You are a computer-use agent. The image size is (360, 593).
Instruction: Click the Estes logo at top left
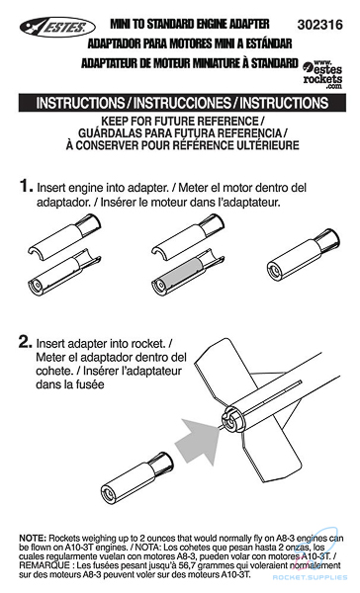click(57, 27)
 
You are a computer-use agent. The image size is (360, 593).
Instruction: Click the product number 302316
click(319, 25)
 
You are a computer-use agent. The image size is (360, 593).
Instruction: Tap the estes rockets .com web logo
click(322, 74)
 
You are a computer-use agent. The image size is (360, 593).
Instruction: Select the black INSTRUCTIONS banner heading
click(182, 103)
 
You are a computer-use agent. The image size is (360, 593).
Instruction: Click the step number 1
click(26, 186)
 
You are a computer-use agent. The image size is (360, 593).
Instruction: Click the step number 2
click(25, 342)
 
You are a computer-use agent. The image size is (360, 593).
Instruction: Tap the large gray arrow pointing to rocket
click(197, 440)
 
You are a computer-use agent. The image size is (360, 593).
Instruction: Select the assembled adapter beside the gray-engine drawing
click(304, 255)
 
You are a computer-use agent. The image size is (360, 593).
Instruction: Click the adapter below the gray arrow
click(137, 478)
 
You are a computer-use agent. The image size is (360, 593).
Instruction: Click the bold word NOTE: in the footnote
click(33, 538)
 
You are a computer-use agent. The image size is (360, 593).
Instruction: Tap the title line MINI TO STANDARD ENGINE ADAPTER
click(190, 24)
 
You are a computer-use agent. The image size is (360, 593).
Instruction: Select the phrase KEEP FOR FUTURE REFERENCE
click(179, 122)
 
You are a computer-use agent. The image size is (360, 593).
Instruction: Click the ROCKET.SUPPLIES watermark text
click(310, 577)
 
